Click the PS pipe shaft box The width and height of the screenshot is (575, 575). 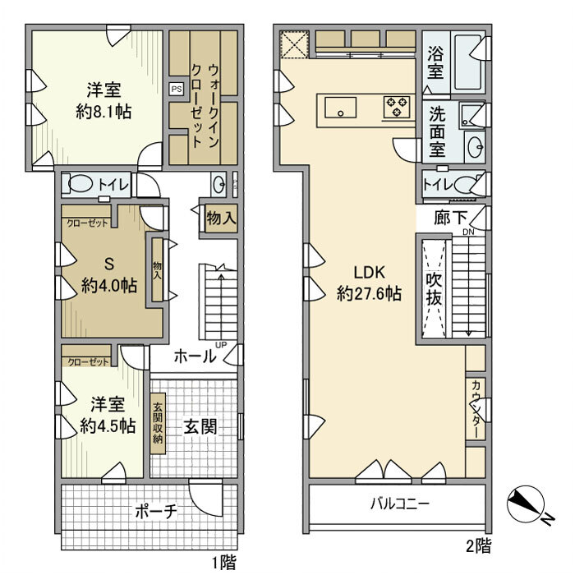(x=177, y=89)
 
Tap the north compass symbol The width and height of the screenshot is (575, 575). (x=527, y=504)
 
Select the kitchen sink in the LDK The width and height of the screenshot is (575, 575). (x=341, y=107)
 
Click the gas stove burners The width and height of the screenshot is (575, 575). (x=397, y=107)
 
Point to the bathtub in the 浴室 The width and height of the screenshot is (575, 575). (x=468, y=62)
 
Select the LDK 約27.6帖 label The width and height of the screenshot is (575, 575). (x=369, y=283)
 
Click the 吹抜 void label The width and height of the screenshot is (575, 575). (x=435, y=289)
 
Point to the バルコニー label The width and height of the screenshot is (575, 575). (x=400, y=504)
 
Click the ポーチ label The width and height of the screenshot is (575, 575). (x=156, y=511)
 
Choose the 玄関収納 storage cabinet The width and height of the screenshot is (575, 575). (x=158, y=424)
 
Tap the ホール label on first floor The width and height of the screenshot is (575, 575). (x=195, y=356)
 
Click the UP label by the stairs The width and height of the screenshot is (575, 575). (x=221, y=345)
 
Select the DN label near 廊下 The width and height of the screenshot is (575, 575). (x=468, y=232)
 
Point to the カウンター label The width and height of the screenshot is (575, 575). (x=476, y=409)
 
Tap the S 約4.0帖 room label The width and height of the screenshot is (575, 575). (x=109, y=274)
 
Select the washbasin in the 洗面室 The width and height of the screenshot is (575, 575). (x=474, y=147)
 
